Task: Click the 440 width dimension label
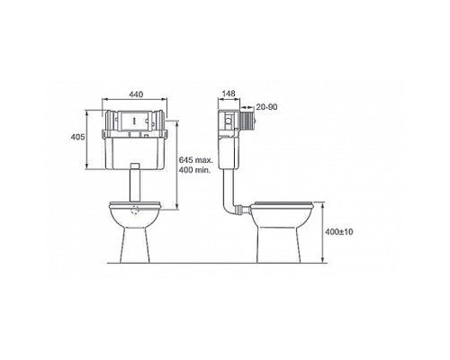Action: coord(136,94)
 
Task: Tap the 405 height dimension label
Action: coord(77,137)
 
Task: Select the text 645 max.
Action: coord(196,160)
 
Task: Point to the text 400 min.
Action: coord(194,170)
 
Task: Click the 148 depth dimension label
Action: coord(229,94)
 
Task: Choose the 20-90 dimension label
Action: coord(266,107)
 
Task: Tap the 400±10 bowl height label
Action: coord(339,231)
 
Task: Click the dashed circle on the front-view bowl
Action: coord(135,211)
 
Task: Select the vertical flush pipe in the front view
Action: coord(135,183)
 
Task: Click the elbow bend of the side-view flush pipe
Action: coord(228,209)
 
